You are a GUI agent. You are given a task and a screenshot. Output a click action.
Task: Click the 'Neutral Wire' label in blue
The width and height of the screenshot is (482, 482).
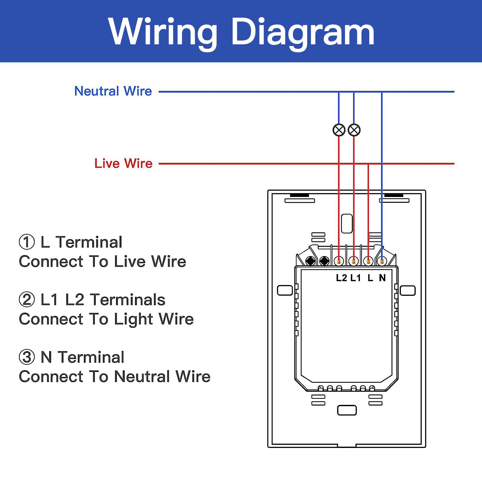click(x=113, y=91)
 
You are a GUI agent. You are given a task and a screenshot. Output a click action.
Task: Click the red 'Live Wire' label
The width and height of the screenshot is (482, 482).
click(x=123, y=163)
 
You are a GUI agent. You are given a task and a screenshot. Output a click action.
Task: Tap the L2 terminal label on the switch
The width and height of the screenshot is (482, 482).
click(x=341, y=278)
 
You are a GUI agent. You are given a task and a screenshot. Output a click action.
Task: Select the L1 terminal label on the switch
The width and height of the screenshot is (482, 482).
click(x=355, y=278)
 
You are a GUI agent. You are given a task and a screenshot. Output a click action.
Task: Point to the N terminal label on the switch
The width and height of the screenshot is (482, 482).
click(x=382, y=278)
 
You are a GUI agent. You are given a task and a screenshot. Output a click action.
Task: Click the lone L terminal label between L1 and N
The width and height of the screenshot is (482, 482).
click(x=370, y=278)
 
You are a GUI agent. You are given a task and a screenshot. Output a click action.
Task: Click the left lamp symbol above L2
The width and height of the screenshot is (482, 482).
click(x=339, y=130)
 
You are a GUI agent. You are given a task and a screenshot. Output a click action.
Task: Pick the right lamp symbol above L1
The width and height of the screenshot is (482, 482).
click(x=354, y=130)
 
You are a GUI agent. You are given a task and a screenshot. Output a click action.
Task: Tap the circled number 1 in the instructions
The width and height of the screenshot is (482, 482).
click(x=27, y=242)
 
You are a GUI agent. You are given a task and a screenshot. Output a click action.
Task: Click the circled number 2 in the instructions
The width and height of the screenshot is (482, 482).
click(x=27, y=299)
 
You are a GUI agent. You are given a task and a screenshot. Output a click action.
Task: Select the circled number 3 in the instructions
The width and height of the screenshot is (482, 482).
click(x=27, y=357)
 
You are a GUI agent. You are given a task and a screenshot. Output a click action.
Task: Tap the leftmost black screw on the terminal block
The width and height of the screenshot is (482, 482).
click(x=310, y=261)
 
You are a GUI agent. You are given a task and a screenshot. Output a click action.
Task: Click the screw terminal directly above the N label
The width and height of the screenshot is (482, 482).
click(x=382, y=261)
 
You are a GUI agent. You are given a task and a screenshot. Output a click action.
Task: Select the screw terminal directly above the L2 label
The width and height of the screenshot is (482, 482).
click(x=339, y=261)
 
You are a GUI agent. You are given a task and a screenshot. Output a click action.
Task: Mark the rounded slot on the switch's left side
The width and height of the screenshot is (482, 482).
click(x=285, y=290)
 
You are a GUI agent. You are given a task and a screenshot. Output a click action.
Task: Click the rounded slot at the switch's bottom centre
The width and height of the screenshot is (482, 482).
click(x=347, y=410)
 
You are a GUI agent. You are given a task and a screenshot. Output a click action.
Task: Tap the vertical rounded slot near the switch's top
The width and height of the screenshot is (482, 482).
click(x=347, y=224)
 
